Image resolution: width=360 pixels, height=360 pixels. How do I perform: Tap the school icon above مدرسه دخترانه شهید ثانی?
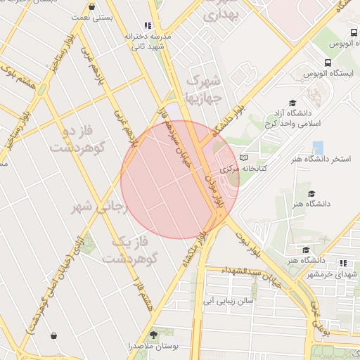coord(148,25)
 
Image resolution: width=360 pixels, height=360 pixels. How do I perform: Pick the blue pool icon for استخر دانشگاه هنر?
coord(319,148)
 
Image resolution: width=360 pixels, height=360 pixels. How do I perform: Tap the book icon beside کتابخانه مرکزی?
coord(244,158)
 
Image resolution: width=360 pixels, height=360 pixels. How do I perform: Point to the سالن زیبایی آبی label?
coord(228,301)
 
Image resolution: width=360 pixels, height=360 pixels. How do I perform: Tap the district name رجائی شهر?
coord(98,207)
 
